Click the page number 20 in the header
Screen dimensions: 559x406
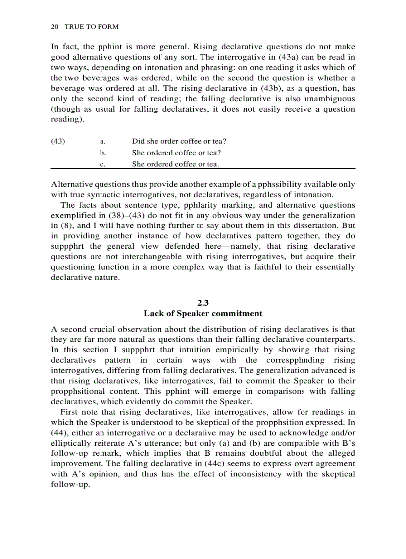(55, 26)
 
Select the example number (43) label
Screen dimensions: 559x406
(58, 141)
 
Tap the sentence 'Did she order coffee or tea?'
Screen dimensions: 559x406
(179, 141)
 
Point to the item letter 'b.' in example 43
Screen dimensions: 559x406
(103, 153)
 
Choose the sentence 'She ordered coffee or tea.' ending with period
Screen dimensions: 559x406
(175, 164)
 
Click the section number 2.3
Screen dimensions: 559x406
(203, 303)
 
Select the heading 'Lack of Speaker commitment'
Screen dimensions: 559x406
(203, 313)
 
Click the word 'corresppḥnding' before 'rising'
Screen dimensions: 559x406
(294, 360)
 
